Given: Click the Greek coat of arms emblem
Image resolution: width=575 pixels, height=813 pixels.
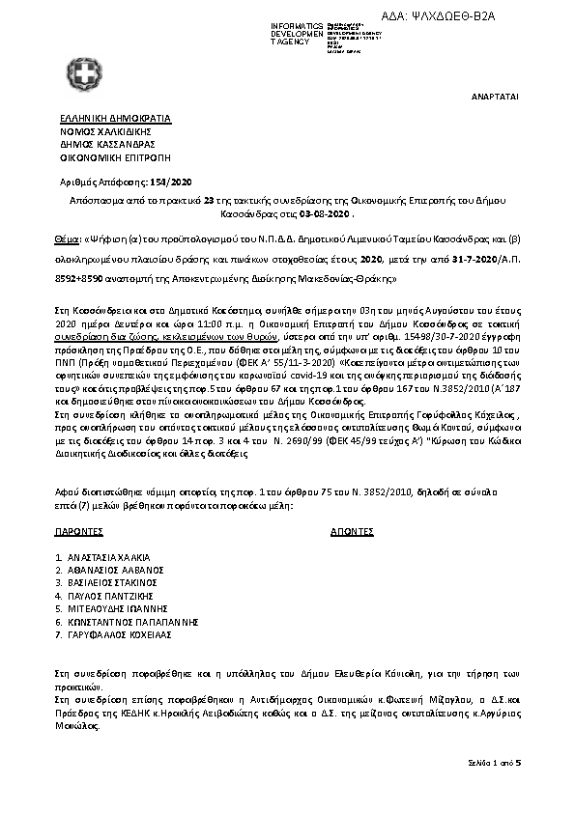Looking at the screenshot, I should (87, 73).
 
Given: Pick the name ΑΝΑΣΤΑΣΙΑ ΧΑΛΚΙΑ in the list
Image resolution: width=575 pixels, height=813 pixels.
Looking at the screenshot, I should (109, 558).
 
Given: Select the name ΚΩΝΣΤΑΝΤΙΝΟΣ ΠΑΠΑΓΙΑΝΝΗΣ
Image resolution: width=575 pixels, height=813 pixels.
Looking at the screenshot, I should (132, 623).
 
